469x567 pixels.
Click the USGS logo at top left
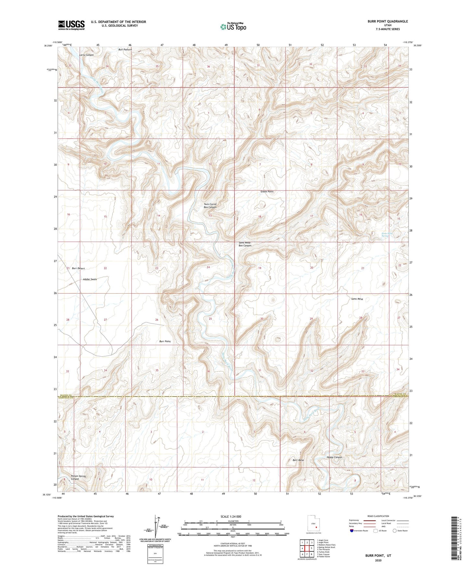click(x=71, y=25)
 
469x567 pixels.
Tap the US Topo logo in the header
click(x=233, y=27)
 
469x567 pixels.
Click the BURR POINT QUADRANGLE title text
click(x=388, y=21)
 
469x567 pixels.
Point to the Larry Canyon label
click(x=86, y=55)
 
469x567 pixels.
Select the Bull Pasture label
click(x=125, y=50)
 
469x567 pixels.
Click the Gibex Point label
click(x=267, y=192)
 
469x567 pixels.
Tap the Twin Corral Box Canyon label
click(x=210, y=206)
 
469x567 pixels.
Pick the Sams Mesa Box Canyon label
click(x=245, y=244)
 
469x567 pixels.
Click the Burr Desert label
click(x=79, y=269)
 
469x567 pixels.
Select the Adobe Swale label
click(x=90, y=279)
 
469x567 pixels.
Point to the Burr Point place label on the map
click(x=165, y=341)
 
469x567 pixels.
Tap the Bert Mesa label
click(x=298, y=460)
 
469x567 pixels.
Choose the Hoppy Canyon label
click(x=334, y=457)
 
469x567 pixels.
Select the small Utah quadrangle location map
click(x=313, y=524)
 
